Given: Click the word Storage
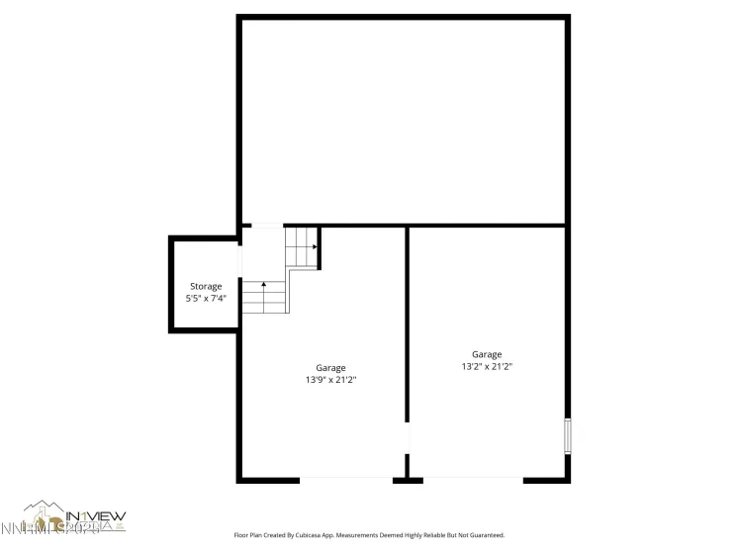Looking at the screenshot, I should click(x=206, y=286).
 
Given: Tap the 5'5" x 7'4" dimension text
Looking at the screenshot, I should click(x=206, y=298).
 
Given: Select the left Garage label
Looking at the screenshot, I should click(x=330, y=368).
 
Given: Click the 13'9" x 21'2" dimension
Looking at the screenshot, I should click(x=330, y=380).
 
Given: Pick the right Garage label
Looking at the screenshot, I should click(x=486, y=354).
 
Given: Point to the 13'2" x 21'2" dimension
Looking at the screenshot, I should click(x=486, y=366).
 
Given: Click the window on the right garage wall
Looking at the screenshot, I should click(x=567, y=435).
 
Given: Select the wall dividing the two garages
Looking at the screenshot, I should click(x=407, y=326).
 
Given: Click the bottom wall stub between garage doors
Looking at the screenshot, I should click(x=407, y=480).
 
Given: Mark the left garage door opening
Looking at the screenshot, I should click(x=345, y=480).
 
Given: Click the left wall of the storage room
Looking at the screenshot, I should click(x=171, y=285).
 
